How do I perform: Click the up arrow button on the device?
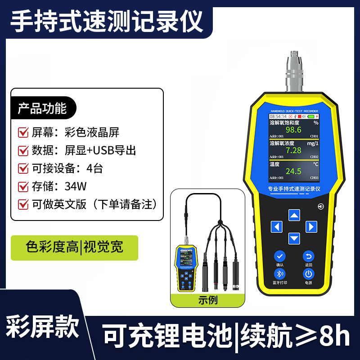click(x=294, y=215)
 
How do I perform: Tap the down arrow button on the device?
click(x=294, y=238)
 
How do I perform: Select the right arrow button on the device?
click(x=311, y=226)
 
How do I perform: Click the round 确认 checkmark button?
click(x=280, y=256)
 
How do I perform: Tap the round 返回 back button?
click(x=308, y=256)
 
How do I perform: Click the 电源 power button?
click(x=308, y=274)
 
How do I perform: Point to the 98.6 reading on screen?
click(x=293, y=130)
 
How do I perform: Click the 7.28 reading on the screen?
click(x=293, y=151)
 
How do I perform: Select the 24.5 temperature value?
click(x=293, y=171)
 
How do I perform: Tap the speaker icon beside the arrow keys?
click(x=321, y=207)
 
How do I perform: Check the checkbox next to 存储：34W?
click(x=23, y=186)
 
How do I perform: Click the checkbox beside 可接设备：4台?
click(x=23, y=168)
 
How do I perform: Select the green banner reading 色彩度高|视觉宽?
click(x=74, y=247)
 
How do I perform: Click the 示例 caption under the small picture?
click(x=208, y=300)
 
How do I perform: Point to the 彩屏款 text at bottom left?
click(x=43, y=326)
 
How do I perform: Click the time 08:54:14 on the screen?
click(x=278, y=116)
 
